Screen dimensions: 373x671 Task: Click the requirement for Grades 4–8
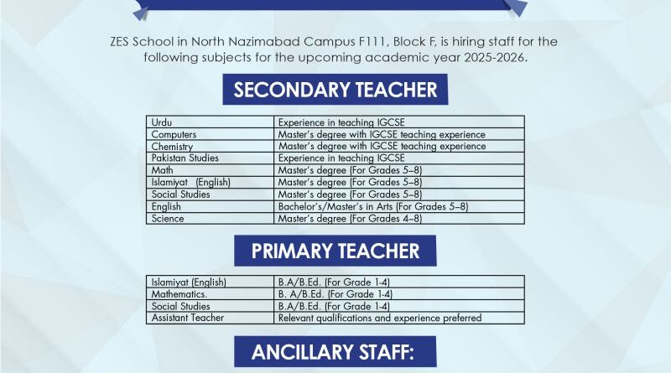[x=350, y=218]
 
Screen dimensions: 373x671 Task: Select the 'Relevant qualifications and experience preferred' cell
[x=380, y=318]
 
